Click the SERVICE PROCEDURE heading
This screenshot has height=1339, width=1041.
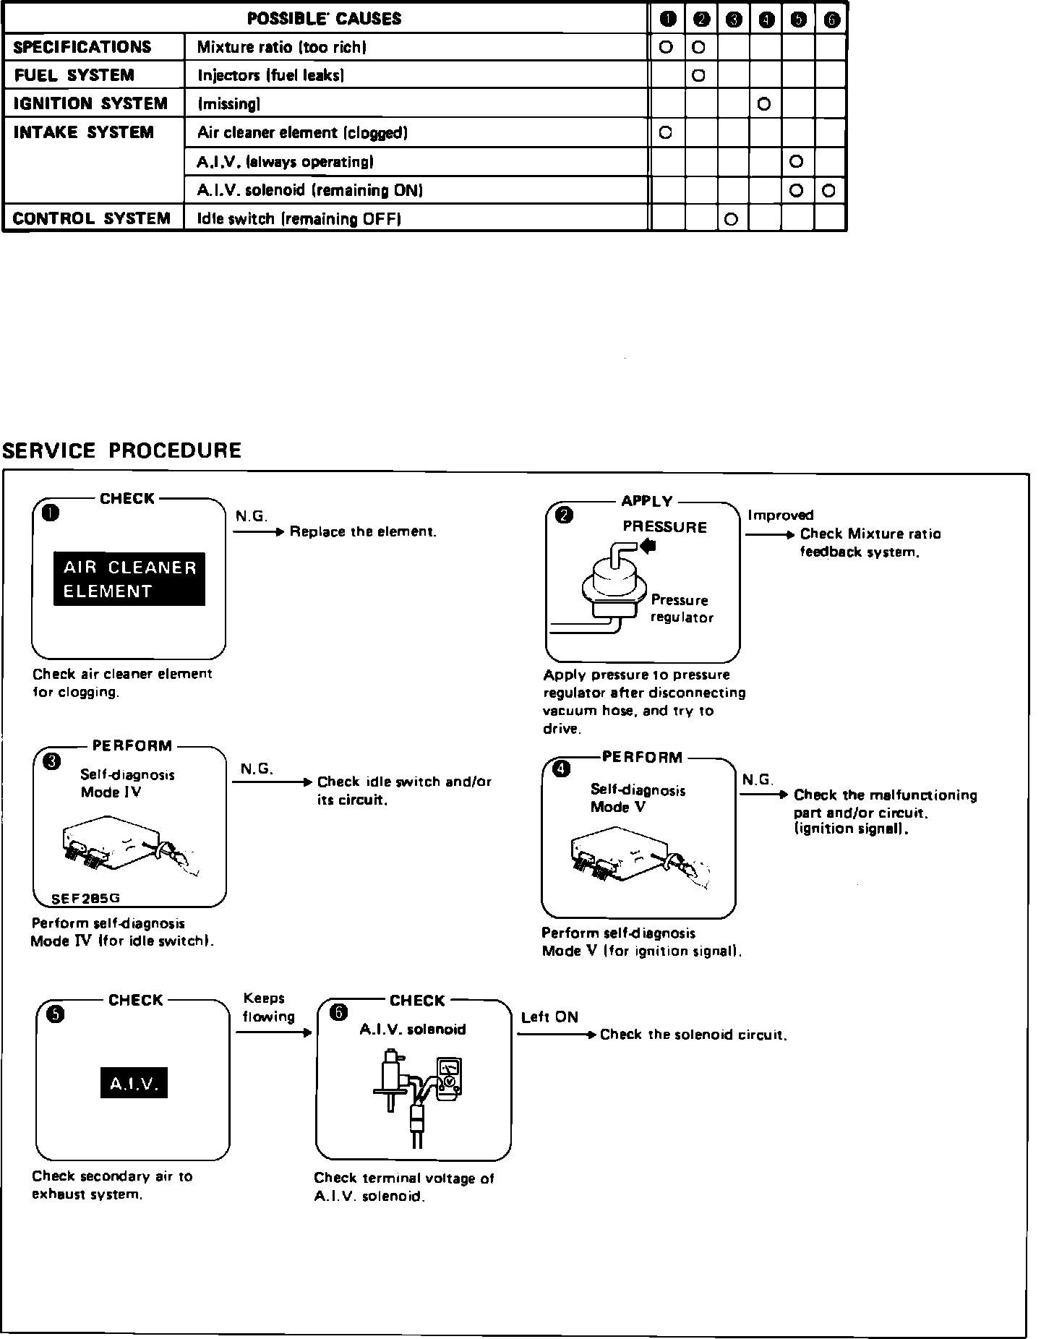121,450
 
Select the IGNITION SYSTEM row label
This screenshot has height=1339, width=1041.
90,104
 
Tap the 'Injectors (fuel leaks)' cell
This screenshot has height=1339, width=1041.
270,75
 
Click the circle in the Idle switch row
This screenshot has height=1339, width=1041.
731,219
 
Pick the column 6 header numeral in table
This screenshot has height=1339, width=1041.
831,20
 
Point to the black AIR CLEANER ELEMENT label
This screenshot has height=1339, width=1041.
129,579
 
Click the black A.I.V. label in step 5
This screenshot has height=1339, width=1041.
134,1083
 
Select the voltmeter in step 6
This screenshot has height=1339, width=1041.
449,1079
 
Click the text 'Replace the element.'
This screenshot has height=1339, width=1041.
363,532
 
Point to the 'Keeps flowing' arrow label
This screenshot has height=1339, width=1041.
268,1007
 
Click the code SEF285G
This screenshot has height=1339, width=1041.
85,899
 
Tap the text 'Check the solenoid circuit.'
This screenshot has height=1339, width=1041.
693,1035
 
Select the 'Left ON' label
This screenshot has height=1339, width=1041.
549,1017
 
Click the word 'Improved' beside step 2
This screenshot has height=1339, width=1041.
780,516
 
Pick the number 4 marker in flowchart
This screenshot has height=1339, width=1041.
560,770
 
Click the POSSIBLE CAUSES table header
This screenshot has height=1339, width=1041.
324,19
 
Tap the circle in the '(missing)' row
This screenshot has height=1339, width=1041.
764,104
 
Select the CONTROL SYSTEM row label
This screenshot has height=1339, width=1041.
92,219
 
